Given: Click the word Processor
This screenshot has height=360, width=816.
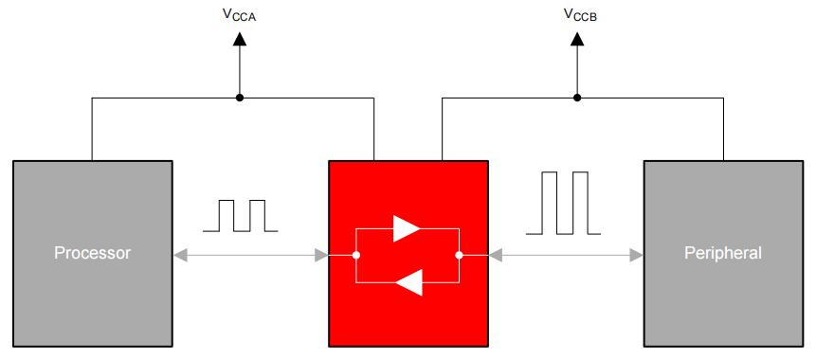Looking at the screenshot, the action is click(92, 253).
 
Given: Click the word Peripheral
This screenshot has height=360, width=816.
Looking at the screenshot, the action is click(723, 253).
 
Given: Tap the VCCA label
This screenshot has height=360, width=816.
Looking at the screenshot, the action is click(240, 15).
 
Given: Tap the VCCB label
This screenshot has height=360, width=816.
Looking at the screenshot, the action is click(580, 14).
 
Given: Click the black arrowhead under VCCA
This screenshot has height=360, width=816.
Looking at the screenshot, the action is click(240, 39).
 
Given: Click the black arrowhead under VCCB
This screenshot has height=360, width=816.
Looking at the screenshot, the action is click(576, 39).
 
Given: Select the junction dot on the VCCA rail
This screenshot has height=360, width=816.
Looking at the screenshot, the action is click(240, 98).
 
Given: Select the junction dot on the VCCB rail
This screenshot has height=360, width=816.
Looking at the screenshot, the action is click(576, 98).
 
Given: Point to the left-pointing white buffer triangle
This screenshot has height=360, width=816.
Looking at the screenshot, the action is click(409, 283).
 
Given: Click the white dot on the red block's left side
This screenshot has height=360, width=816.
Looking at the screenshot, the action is click(356, 255).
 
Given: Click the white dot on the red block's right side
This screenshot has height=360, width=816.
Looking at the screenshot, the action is click(459, 255).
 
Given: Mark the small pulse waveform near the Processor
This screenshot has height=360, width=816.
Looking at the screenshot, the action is click(241, 215).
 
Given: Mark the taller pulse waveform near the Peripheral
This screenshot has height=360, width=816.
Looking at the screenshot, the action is click(563, 203).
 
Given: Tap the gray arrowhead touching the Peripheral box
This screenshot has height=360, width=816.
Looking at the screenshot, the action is click(637, 255).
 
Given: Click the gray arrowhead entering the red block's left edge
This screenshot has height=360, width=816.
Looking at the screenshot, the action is click(321, 255).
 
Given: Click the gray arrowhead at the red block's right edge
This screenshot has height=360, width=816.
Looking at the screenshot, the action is click(495, 255).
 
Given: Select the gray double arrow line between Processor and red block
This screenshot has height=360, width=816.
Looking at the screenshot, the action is click(251, 255).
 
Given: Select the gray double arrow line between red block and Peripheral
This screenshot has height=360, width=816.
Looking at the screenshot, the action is click(566, 255).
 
